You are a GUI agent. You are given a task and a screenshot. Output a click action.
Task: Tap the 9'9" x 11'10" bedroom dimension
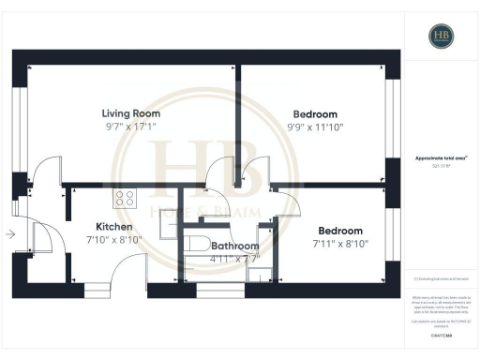[309, 127]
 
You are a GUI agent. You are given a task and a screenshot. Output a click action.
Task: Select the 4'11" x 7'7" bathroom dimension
[220, 258]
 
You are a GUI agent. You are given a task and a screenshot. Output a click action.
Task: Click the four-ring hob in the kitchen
[125, 198]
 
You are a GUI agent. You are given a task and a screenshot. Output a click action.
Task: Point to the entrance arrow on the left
[9, 234]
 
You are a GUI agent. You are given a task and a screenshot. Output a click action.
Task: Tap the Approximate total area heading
[442, 158]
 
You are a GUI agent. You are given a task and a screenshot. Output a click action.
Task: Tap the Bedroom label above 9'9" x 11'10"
[309, 113]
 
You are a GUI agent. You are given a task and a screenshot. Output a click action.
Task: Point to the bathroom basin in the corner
[265, 274]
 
